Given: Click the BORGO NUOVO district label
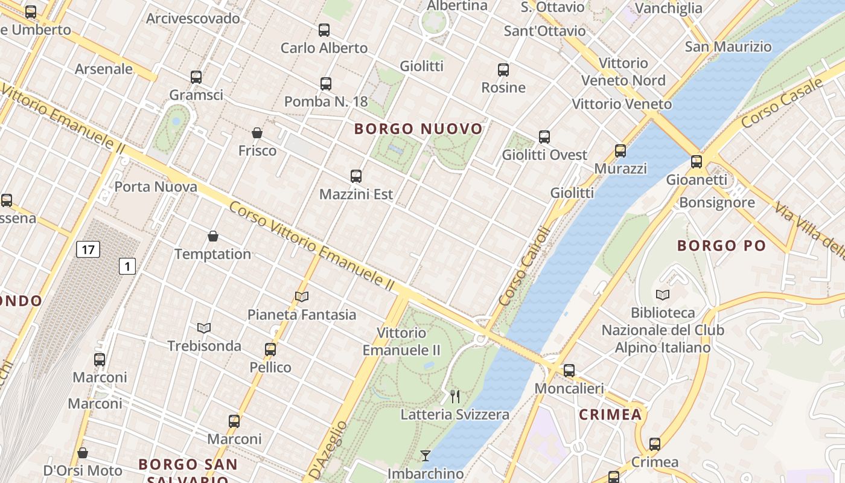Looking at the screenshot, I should point(418,129).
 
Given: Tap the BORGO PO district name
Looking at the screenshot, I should point(721,246).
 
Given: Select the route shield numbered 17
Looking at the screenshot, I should point(88,249).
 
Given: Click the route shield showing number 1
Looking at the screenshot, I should point(127,266).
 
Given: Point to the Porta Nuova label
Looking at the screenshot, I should point(156,187).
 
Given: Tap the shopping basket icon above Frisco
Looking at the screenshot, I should point(257,133).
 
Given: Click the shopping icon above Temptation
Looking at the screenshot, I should point(212,236).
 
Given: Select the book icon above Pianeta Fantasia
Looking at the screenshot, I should point(302,296).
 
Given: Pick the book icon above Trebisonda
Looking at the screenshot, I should point(204,328).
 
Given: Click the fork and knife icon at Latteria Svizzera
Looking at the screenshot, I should point(455,397).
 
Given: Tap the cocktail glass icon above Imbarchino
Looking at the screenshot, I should point(426,456).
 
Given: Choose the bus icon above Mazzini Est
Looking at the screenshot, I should point(356,176).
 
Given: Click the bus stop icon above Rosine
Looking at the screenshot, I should point(503,70).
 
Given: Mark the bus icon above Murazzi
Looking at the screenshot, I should point(620,151).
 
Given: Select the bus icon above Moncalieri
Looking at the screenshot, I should point(569,371).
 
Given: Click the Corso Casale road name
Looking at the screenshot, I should point(782,103).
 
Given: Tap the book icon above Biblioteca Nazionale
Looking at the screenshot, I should point(663,295).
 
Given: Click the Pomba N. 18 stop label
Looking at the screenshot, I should point(326,101).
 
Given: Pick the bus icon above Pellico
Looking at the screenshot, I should point(270,350).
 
